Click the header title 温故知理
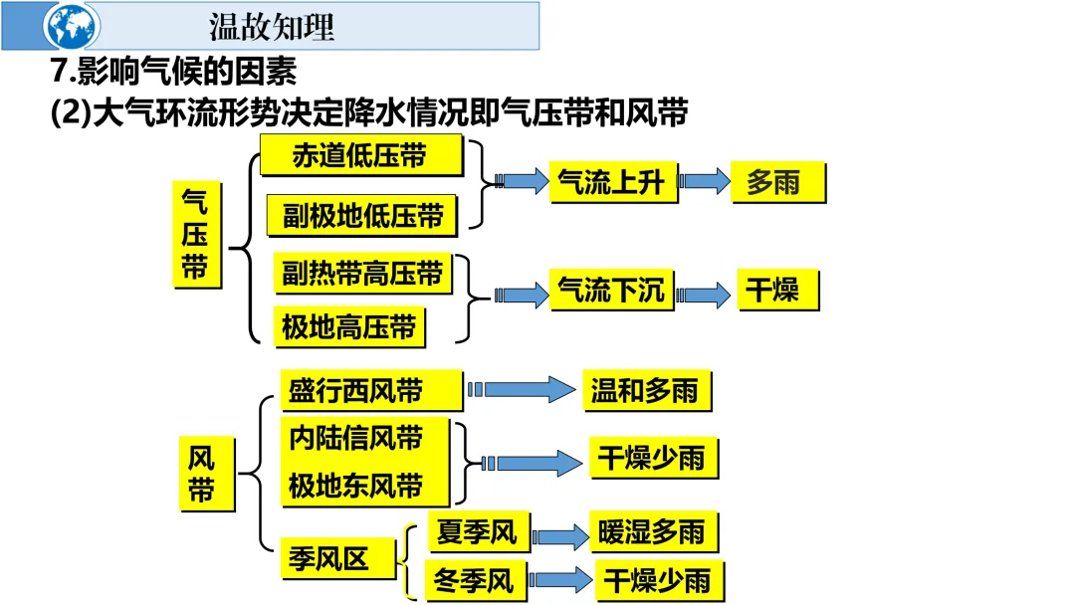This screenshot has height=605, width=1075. coord(272,26)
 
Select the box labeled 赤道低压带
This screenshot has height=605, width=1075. coord(360,155)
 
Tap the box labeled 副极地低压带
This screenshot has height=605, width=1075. coord(362,216)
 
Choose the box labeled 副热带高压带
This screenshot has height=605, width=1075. coord(361,274)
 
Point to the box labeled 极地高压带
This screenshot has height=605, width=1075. coord(348,326)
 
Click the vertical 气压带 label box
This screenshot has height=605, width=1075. coord(196,235)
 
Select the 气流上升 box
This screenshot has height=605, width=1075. coord(612,182)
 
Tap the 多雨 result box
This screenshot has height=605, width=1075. coord(778,182)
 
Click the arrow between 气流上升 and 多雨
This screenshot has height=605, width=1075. coord(705,181)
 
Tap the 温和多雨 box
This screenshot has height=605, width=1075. coord(645,390)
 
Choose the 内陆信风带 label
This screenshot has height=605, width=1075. coord(356,438)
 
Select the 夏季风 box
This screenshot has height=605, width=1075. coord(478,532)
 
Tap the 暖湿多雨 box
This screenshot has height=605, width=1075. coord(651,532)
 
